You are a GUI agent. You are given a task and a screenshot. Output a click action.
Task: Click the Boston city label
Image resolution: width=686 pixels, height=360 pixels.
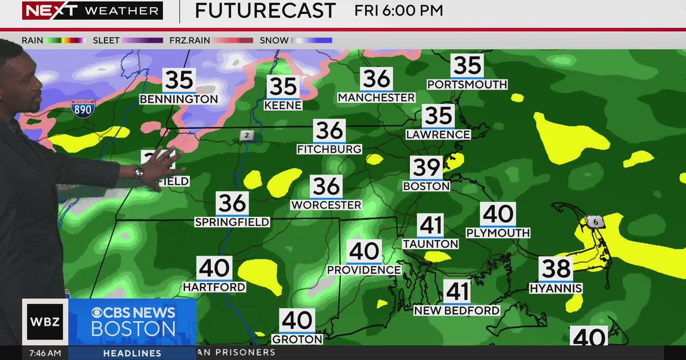click(426, 186)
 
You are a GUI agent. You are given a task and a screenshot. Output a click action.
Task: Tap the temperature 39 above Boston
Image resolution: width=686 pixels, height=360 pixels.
click(426, 167)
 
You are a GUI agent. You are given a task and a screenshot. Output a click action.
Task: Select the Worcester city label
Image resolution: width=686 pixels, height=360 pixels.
click(326, 205)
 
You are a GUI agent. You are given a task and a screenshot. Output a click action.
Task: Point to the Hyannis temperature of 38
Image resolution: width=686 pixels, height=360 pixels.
click(556, 269)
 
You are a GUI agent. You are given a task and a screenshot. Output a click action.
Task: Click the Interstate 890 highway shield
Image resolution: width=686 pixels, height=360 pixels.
click(83, 109)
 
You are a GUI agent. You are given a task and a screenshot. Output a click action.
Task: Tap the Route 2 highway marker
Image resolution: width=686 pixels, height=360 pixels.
click(246, 135)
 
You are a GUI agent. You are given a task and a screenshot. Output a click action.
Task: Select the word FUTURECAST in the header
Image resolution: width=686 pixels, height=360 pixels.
click(265, 10)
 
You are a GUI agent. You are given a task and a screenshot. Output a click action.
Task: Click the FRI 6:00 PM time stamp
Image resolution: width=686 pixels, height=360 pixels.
click(398, 10)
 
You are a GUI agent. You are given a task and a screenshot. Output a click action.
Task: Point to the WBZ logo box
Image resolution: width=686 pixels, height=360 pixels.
click(45, 321)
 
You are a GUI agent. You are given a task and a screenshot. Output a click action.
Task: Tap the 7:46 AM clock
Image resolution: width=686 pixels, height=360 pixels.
click(45, 353)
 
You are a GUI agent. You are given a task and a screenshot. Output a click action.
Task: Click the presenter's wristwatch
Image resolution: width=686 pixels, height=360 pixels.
click(139, 173)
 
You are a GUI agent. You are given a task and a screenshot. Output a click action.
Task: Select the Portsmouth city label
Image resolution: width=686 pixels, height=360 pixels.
click(467, 85)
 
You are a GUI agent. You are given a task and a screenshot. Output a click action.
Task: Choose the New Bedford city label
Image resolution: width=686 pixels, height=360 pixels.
click(457, 311)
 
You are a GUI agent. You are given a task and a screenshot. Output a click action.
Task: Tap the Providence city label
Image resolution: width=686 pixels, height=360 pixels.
click(364, 270)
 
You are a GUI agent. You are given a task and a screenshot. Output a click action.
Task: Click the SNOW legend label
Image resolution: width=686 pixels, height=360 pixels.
click(274, 41)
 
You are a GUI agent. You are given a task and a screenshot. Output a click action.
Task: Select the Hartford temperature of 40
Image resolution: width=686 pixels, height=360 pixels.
click(214, 269)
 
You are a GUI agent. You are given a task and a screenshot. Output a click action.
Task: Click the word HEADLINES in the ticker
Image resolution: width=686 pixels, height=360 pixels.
click(132, 353)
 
